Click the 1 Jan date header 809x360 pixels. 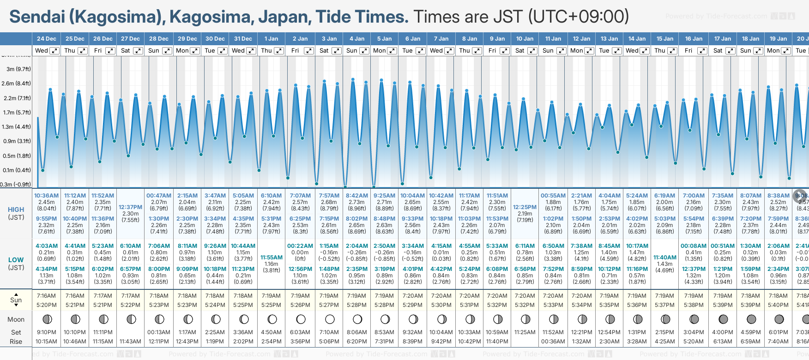[x=271, y=39]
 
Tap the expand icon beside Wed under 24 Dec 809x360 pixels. [x=54, y=51]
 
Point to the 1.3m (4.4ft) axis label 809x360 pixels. [x=16, y=126]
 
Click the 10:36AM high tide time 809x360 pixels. [x=46, y=196]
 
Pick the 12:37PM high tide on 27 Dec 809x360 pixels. [x=131, y=207]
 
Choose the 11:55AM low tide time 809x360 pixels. [x=271, y=258]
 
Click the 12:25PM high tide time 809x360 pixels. [x=525, y=207]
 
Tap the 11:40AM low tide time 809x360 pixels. [x=665, y=258]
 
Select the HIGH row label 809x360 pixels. [x=16, y=210]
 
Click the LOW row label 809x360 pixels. [x=16, y=260]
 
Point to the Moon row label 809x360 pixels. [x=16, y=319]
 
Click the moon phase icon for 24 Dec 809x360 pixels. [x=47, y=319]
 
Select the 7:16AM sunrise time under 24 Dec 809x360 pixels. [x=46, y=296]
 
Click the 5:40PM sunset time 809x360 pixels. [x=778, y=305]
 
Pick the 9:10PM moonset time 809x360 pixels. [x=46, y=332]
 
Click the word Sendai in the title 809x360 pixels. [x=37, y=17]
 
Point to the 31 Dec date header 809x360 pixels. [x=243, y=39]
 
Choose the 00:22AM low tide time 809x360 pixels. [x=300, y=246]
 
